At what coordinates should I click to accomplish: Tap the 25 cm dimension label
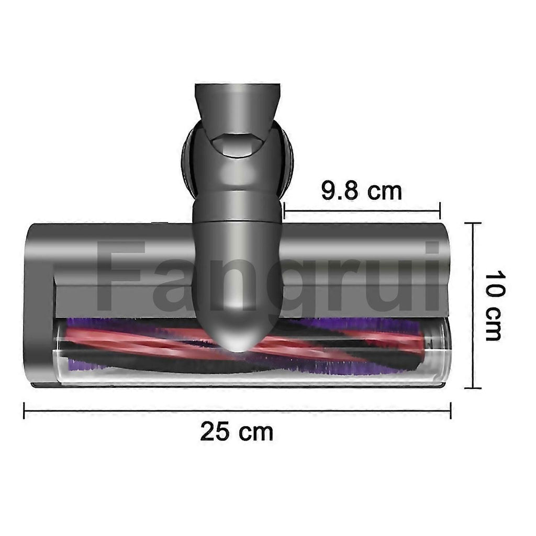(237, 431)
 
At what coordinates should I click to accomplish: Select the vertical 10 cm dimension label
(495, 305)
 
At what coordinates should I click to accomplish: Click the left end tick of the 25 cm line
(24, 410)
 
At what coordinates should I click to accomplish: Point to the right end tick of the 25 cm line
(451, 410)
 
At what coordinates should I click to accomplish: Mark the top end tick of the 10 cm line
(473, 223)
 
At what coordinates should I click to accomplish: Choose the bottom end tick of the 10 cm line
(473, 388)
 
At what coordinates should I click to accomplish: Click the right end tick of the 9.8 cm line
(440, 210)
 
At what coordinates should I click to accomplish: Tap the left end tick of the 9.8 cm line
(284, 210)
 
